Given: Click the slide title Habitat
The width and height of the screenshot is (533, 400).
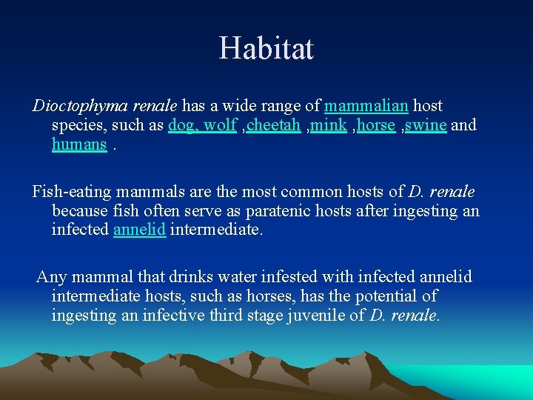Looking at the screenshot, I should pos(266,49).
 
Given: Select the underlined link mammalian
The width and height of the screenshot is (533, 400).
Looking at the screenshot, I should pos(366,106).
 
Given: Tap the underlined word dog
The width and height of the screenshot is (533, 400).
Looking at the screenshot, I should pos(182,125).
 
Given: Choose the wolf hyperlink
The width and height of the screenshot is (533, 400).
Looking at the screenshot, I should pos(220,125).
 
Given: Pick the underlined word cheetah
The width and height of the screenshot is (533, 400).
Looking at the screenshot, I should pos(273,125).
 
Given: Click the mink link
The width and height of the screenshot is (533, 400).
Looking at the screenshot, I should pos(328,125).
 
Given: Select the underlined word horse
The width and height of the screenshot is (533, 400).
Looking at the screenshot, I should pos(375,125).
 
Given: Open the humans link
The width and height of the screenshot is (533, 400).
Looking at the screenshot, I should pos(79,144).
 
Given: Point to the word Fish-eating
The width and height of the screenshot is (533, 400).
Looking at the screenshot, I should pos(69,193).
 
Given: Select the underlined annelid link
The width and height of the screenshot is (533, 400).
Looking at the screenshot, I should pos(139,230).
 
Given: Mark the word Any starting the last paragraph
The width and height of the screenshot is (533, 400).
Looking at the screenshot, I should pos(51,278).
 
